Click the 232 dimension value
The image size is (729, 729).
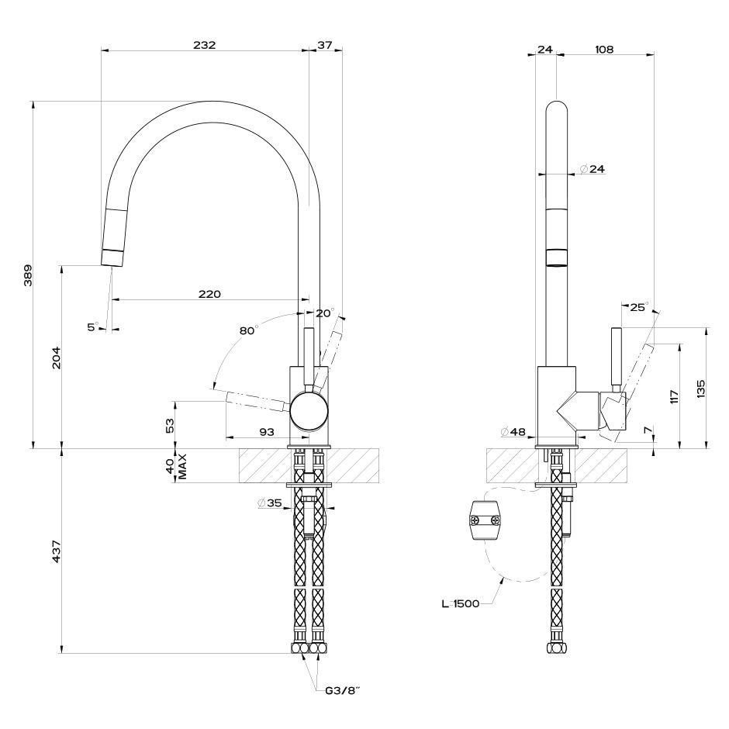pyautogui.click(x=205, y=45)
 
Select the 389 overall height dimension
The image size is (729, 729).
pyautogui.click(x=29, y=275)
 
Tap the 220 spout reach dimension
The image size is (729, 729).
pyautogui.click(x=209, y=294)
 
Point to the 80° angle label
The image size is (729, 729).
pyautogui.click(x=249, y=330)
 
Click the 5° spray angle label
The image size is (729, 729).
pyautogui.click(x=93, y=327)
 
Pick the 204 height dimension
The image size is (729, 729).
pyautogui.click(x=57, y=358)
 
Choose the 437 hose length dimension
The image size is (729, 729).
pyautogui.click(x=57, y=551)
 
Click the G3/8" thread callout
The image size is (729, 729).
pyautogui.click(x=343, y=690)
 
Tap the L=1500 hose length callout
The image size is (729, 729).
pyautogui.click(x=460, y=604)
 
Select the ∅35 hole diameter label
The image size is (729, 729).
pyautogui.click(x=270, y=503)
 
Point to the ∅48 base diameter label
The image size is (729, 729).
pyautogui.click(x=513, y=432)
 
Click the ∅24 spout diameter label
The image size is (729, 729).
pyautogui.click(x=593, y=169)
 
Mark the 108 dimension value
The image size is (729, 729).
pyautogui.click(x=604, y=50)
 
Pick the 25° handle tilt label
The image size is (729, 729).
pyautogui.click(x=639, y=307)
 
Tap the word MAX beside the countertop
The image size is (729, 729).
pyautogui.click(x=182, y=466)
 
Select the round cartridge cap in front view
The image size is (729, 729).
pyautogui.click(x=309, y=410)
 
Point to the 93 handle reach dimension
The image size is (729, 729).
pyautogui.click(x=267, y=432)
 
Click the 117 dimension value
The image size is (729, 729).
pyautogui.click(x=675, y=396)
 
